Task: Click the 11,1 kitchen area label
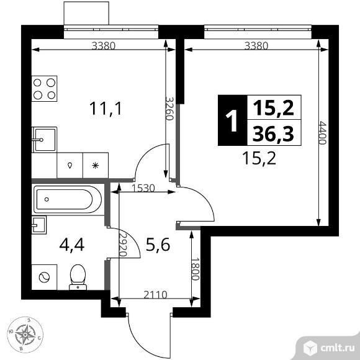click(106, 109)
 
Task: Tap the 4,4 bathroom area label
click(72, 245)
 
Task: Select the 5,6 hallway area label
click(158, 245)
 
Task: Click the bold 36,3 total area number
click(273, 134)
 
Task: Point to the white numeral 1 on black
click(232, 120)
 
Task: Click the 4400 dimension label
click(323, 133)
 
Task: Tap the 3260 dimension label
click(169, 109)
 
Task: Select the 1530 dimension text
click(143, 189)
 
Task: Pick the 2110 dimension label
click(155, 295)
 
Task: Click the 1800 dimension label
click(195, 268)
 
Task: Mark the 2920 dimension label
click(124, 245)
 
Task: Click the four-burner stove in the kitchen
click(44, 89)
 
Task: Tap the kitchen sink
click(44, 140)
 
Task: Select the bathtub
click(68, 199)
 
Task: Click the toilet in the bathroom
click(78, 277)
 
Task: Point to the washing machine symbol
click(44, 277)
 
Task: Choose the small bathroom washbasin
click(39, 225)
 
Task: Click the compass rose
click(25, 335)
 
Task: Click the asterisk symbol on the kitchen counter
click(96, 165)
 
